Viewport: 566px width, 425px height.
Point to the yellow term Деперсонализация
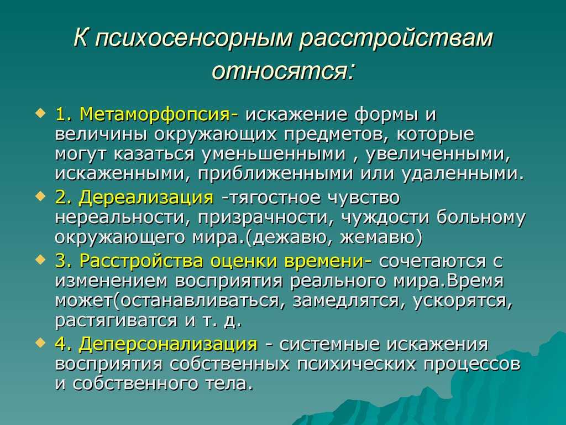tap(169, 344)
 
